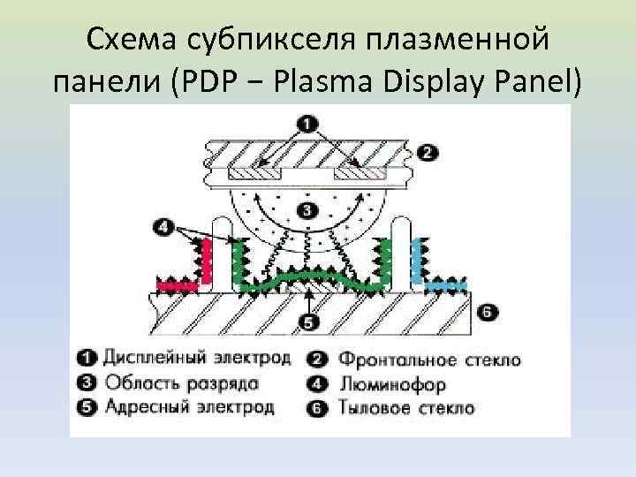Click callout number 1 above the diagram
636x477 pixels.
pyautogui.click(x=309, y=123)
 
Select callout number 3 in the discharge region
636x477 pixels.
pyautogui.click(x=307, y=210)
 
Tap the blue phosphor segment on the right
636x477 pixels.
pyautogui.click(x=444, y=285)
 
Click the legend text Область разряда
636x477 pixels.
pyautogui.click(x=181, y=383)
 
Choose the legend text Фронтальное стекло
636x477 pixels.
pyautogui.click(x=429, y=360)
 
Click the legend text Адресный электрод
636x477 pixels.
pyautogui.click(x=188, y=407)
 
